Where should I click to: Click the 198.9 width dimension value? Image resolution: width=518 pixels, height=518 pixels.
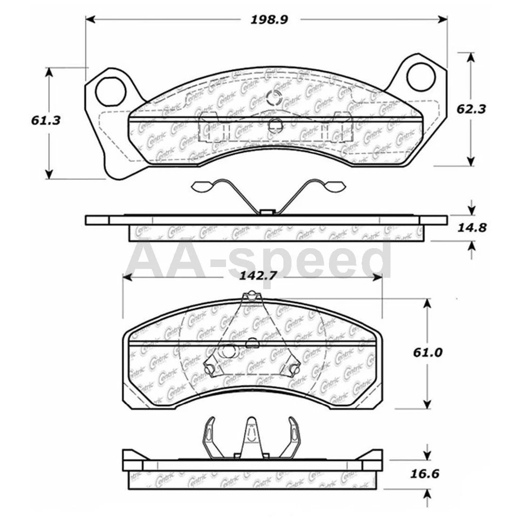[x=269, y=19]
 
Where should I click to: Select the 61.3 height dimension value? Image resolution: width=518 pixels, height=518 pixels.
[x=45, y=120]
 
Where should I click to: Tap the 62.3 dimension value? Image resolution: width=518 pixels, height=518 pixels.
[x=471, y=108]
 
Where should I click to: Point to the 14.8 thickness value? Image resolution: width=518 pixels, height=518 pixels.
[x=472, y=227]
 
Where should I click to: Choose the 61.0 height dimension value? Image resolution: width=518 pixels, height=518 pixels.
[x=428, y=352]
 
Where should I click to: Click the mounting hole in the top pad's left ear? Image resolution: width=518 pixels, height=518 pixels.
[x=110, y=92]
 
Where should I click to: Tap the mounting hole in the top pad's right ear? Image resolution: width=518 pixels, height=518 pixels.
[x=420, y=77]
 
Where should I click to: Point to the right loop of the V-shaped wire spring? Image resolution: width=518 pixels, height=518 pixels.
[x=332, y=186]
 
